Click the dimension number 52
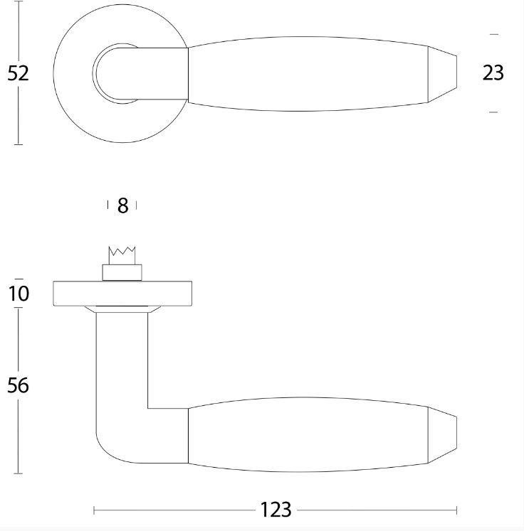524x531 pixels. pyautogui.click(x=19, y=73)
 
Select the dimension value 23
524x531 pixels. pyautogui.click(x=493, y=73)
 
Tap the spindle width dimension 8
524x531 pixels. pyautogui.click(x=122, y=206)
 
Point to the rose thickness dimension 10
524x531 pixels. pyautogui.click(x=19, y=293)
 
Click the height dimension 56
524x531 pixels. pyautogui.click(x=19, y=385)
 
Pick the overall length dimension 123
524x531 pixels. pyautogui.click(x=276, y=510)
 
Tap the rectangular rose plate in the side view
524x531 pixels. pyautogui.click(x=122, y=294)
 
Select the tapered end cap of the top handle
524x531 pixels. pyautogui.click(x=441, y=73)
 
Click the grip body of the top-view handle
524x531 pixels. pyautogui.click(x=306, y=73)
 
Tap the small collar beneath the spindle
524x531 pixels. pyautogui.click(x=122, y=272)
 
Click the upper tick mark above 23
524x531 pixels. pyautogui.click(x=493, y=33)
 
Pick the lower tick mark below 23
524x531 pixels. pyautogui.click(x=493, y=112)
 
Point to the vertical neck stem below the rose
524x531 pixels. pyautogui.click(x=121, y=363)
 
